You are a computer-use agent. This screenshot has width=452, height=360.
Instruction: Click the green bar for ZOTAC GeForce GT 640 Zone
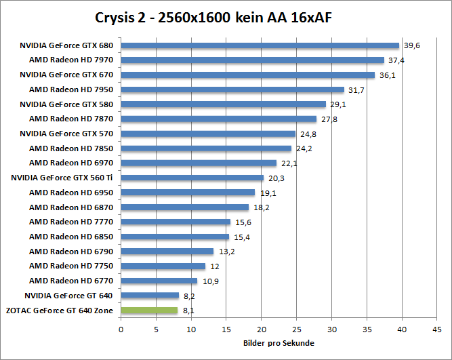149,311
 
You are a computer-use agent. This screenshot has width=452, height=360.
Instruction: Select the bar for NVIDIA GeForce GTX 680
260,46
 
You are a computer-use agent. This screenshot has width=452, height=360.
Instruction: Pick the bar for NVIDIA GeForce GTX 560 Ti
192,178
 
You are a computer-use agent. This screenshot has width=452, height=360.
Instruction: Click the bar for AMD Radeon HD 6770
159,281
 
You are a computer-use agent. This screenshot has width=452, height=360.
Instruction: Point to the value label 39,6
411,46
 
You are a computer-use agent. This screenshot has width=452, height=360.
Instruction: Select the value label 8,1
189,311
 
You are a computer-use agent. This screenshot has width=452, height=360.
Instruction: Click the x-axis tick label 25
296,330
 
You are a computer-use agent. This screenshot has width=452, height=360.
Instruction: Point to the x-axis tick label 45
436,330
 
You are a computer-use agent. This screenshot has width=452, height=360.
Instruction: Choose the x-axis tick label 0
121,330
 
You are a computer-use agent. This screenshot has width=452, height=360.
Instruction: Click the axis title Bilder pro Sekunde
279,344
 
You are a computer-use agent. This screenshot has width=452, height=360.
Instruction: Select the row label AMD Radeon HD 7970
70,60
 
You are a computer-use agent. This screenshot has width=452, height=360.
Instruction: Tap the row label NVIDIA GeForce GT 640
68,296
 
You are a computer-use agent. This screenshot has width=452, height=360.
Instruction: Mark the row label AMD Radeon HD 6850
70,237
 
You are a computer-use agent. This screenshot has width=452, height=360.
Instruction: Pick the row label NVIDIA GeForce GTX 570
66,134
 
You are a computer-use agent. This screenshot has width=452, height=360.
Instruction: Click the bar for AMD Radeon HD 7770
176,222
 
